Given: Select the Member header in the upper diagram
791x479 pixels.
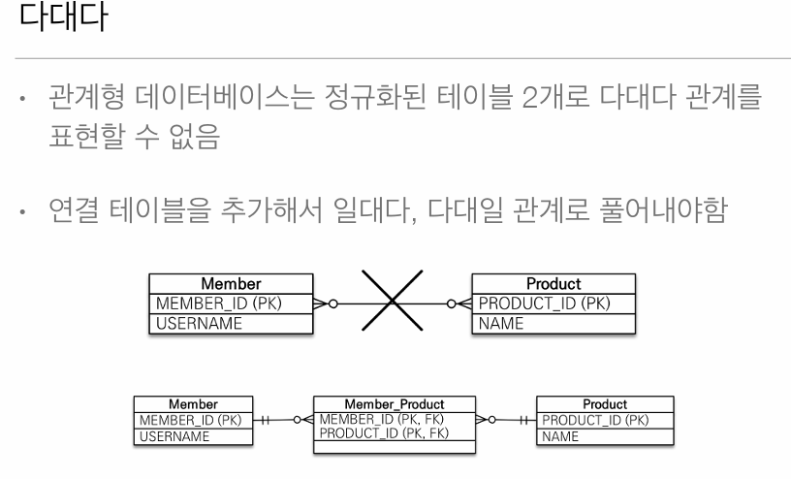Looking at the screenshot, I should click(231, 284).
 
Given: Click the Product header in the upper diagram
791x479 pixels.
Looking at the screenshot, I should click(553, 284).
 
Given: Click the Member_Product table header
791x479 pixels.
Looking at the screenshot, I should click(395, 402).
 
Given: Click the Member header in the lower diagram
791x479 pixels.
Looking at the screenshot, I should click(194, 402).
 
